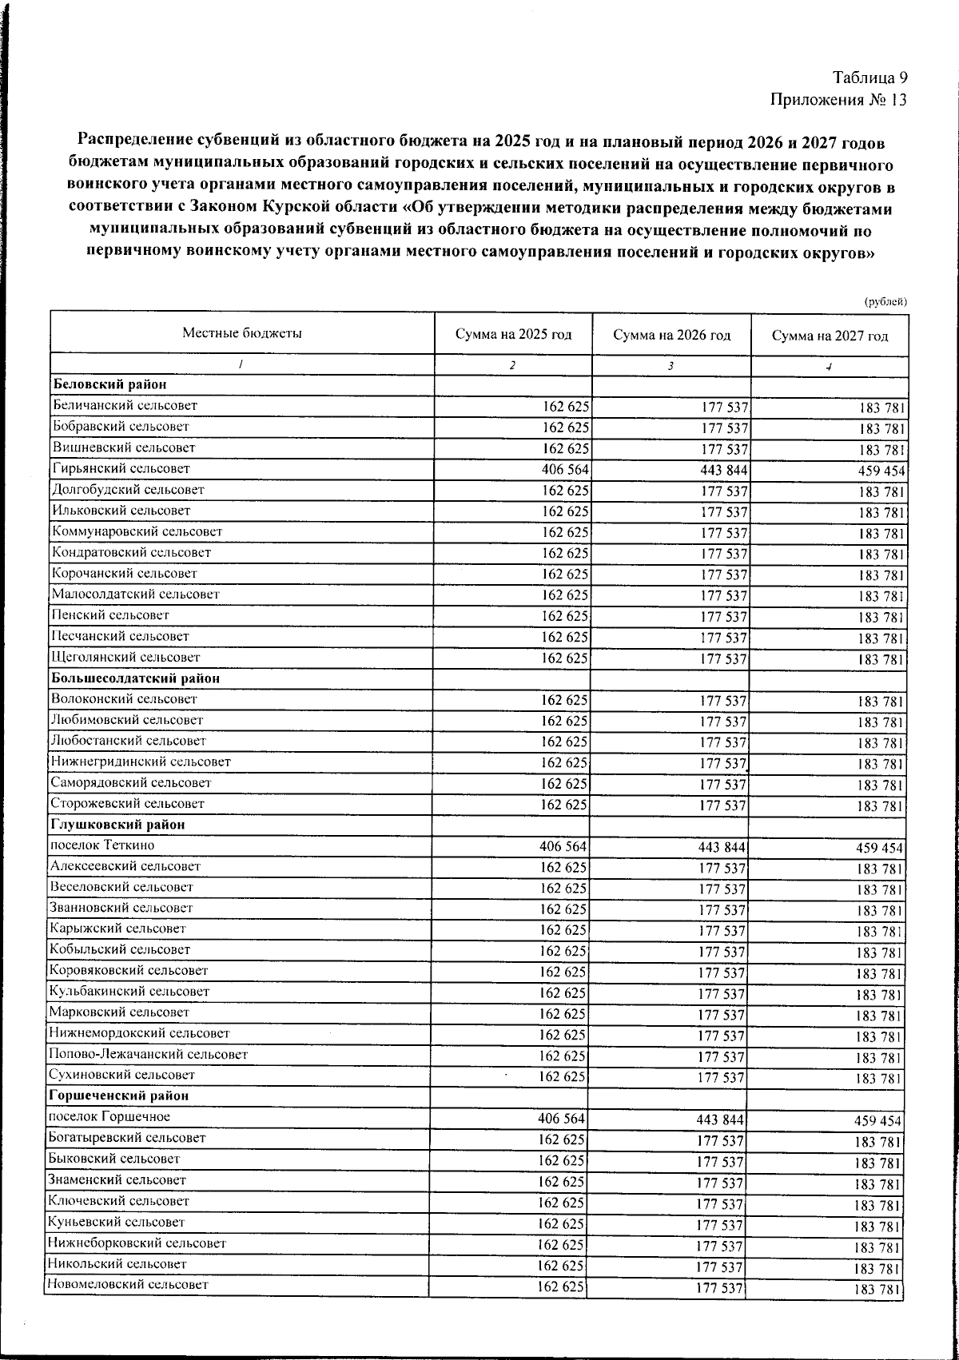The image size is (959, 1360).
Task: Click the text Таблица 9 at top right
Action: pyautogui.click(x=869, y=78)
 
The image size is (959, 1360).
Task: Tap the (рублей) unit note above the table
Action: pyautogui.click(x=885, y=302)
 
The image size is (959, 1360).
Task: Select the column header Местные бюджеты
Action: pyautogui.click(x=241, y=333)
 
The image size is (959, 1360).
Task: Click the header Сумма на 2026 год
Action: pyautogui.click(x=671, y=336)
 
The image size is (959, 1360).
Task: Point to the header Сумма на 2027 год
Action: pyautogui.click(x=830, y=336)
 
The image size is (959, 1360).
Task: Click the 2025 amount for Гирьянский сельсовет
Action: pyautogui.click(x=566, y=469)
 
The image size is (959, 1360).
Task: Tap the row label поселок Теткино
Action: pyautogui.click(x=101, y=845)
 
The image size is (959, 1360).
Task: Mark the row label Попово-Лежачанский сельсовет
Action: pyautogui.click(x=148, y=1054)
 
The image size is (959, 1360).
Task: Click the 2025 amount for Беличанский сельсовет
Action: pyautogui.click(x=566, y=406)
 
